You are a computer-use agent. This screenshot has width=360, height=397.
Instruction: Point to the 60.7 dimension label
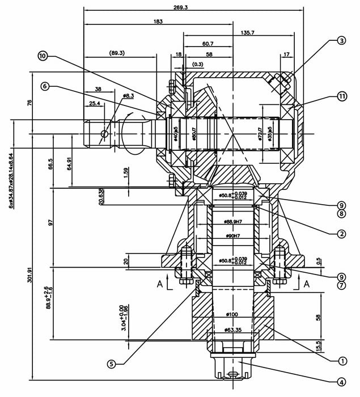pos(207,44)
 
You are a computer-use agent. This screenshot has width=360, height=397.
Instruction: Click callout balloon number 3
pos(341,40)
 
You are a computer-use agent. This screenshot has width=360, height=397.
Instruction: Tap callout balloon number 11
pos(341,96)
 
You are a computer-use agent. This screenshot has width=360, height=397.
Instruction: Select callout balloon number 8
pos(341,214)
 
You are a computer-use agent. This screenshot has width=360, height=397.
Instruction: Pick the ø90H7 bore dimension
pos(233,235)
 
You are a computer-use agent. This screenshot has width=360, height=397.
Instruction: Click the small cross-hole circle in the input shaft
pos(103,133)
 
